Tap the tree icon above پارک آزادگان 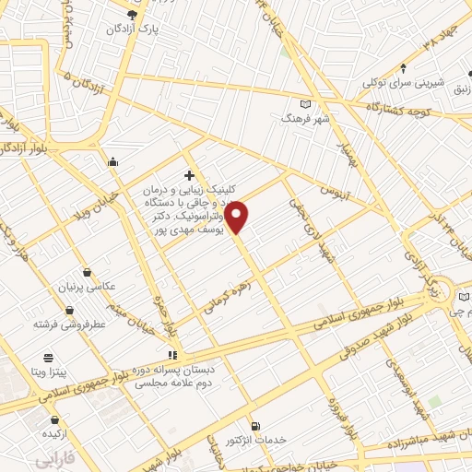(x=133, y=15)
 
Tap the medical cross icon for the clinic (x=189, y=175)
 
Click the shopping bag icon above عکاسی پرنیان (x=87, y=272)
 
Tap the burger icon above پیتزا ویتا (x=48, y=358)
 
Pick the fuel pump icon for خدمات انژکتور (x=255, y=426)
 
